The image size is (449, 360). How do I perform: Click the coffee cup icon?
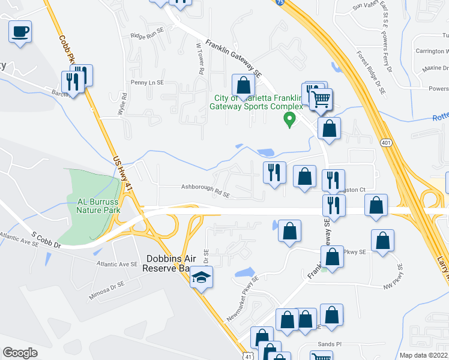(x=20, y=32)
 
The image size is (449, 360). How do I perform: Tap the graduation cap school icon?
(x=201, y=278)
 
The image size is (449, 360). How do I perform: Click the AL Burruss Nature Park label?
(x=99, y=206)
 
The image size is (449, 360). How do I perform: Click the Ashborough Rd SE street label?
(x=206, y=187)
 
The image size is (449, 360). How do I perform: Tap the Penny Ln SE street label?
(x=148, y=82)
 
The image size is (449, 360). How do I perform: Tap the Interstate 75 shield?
(x=280, y=3)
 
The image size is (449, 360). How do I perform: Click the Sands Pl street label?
(x=330, y=344)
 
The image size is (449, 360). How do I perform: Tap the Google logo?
(x=20, y=353)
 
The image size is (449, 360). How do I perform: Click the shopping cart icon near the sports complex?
(x=322, y=99)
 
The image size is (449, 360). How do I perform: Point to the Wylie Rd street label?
(x=124, y=104)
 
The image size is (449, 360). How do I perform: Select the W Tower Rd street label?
(x=200, y=58)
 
